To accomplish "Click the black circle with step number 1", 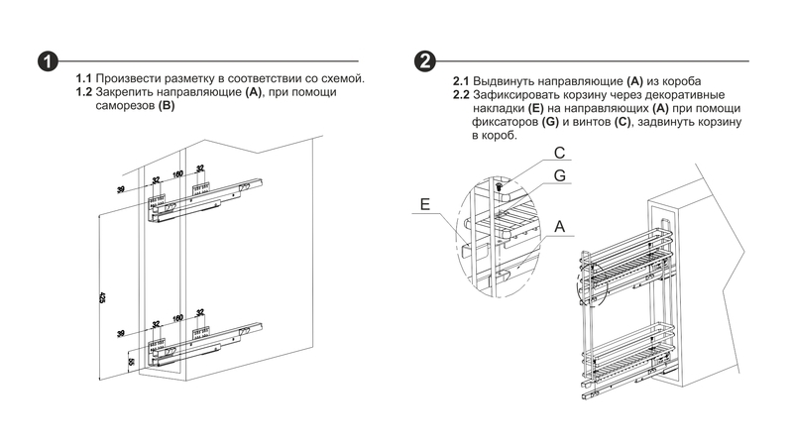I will (x=46, y=61).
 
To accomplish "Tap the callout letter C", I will (x=559, y=153).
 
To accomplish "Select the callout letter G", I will (x=560, y=175).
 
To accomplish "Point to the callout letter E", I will (x=424, y=205).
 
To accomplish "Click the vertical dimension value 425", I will (x=102, y=295).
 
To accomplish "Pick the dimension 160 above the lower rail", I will (x=178, y=317).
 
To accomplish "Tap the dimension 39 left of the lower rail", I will (x=121, y=334).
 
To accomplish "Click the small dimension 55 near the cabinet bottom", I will (x=131, y=363).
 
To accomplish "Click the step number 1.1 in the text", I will (x=84, y=78).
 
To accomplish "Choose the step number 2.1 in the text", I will (x=461, y=80).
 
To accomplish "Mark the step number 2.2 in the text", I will (x=461, y=94).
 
